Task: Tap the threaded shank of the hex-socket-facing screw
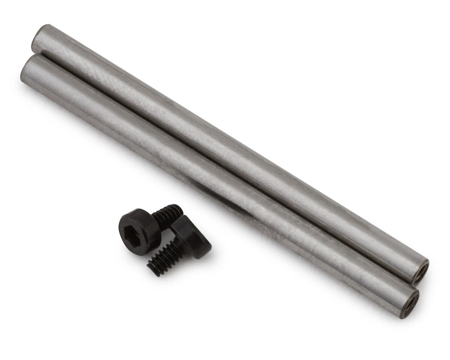click(167, 217)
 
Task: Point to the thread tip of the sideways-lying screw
click(151, 269)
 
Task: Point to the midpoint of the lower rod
click(219, 186)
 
